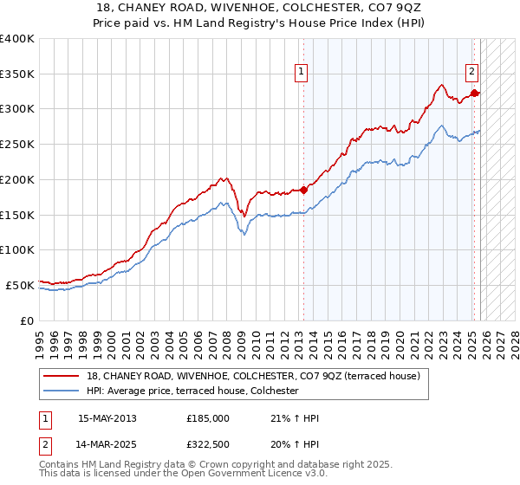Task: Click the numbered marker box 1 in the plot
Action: [x=301, y=73]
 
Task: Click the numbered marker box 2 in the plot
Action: [x=472, y=73]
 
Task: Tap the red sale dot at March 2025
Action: [x=474, y=93]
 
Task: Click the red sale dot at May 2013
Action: [x=303, y=190]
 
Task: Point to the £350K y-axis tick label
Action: [x=17, y=74]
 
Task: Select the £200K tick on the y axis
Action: [x=17, y=180]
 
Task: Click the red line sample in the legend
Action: [x=62, y=376]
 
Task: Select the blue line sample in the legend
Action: [x=62, y=391]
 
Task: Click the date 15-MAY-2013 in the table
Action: [x=107, y=418]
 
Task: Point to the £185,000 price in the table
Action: [x=208, y=418]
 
